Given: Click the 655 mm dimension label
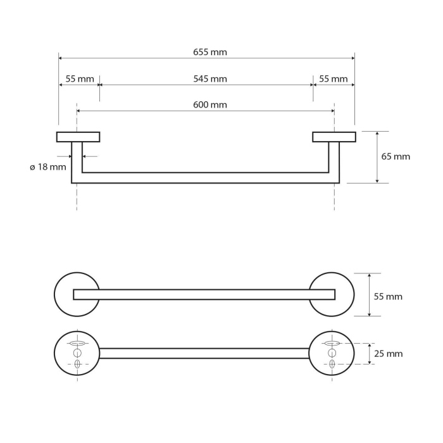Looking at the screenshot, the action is [x=210, y=53].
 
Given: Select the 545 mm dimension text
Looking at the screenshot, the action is [x=210, y=79].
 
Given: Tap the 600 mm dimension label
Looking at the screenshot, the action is [x=210, y=105].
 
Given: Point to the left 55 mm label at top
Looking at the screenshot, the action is [x=80, y=79].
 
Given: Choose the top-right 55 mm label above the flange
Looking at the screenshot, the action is [x=334, y=79].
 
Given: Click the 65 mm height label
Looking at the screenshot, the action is [x=396, y=156].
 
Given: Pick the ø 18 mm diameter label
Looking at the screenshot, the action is [x=48, y=167].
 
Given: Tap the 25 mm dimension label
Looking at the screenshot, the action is [x=389, y=353].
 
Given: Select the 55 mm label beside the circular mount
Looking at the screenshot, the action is [x=388, y=296].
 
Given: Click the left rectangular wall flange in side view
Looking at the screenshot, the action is [x=78, y=137].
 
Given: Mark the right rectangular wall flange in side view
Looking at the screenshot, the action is [x=334, y=137].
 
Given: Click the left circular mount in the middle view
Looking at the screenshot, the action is [x=77, y=294].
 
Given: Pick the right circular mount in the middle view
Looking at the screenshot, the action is [x=332, y=294].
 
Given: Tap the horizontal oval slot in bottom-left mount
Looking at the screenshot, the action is [x=77, y=343].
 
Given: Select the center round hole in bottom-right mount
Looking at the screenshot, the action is [x=332, y=353].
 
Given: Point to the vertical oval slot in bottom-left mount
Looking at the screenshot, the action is [x=77, y=364].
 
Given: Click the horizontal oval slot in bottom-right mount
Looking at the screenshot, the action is [x=332, y=343].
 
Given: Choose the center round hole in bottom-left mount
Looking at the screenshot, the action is [x=77, y=353].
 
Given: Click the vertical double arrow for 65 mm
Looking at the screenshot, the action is [x=377, y=157].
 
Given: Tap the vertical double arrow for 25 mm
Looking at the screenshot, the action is [x=369, y=354].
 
